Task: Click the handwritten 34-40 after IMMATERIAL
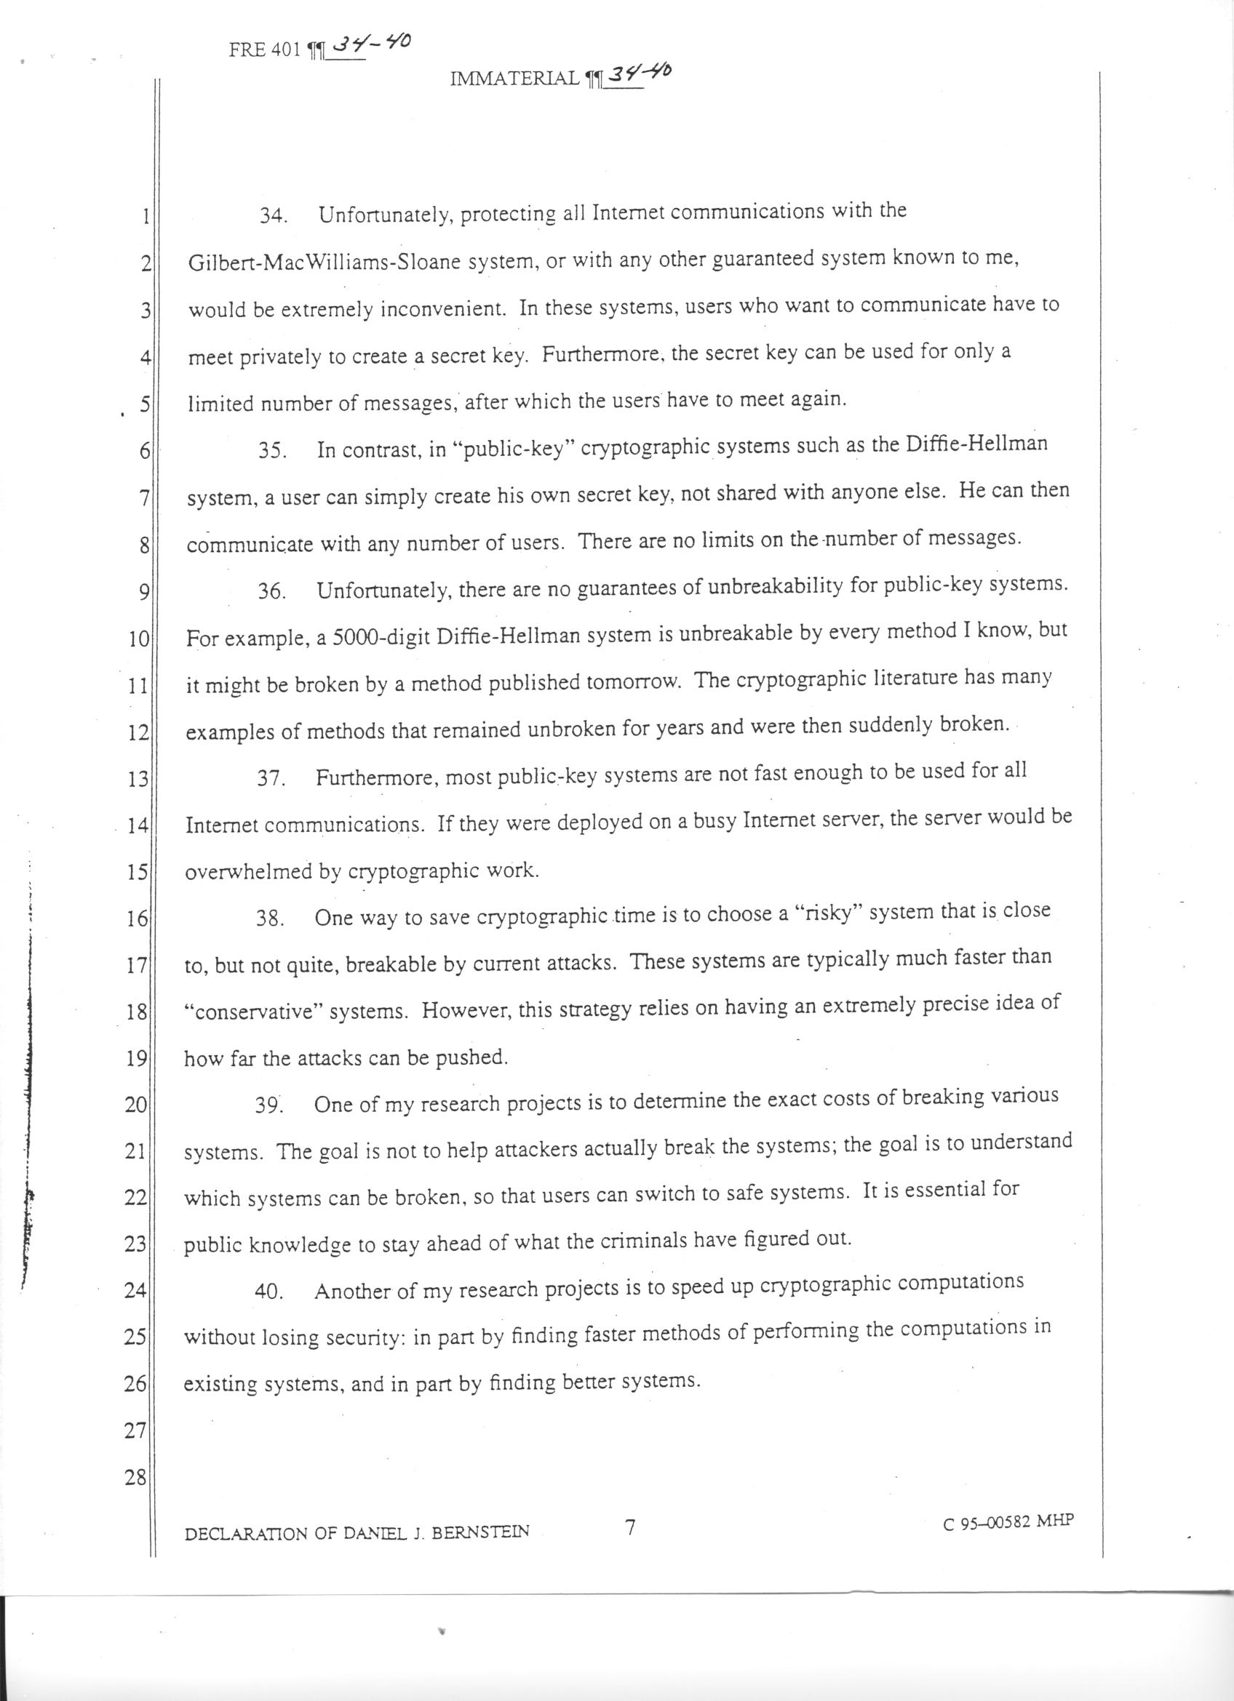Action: (640, 73)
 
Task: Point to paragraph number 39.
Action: (267, 1105)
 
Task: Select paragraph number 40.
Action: (267, 1292)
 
